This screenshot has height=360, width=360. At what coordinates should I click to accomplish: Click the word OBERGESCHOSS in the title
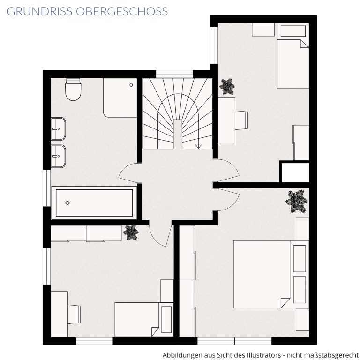tap(122, 11)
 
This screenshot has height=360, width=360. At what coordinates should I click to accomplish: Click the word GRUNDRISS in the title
tap(39, 11)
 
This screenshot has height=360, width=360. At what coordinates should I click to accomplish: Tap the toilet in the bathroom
tap(73, 90)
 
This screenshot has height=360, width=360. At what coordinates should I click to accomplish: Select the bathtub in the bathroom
tap(94, 202)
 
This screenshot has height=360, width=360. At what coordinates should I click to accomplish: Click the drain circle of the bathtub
tap(67, 202)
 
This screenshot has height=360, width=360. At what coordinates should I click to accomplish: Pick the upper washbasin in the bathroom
tap(58, 129)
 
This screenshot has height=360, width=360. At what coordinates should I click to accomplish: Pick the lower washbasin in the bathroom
tap(58, 157)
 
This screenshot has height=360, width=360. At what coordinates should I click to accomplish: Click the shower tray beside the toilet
tap(120, 98)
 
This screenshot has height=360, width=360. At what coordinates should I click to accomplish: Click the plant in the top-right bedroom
tap(227, 87)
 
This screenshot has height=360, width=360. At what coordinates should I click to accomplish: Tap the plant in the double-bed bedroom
tap(297, 201)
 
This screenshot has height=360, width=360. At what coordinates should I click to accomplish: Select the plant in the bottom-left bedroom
tap(131, 232)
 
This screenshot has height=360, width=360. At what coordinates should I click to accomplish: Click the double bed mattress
tap(262, 274)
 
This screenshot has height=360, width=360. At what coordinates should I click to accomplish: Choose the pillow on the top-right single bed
tap(293, 31)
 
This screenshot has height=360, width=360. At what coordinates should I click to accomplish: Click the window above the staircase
tap(174, 74)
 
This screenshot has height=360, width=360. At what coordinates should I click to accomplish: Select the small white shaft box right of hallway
tap(295, 172)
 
